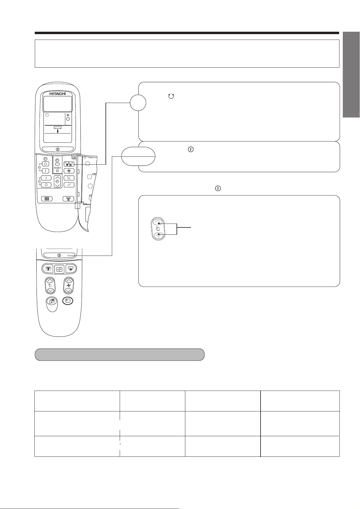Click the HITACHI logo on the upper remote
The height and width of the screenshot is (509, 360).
pos(57,94)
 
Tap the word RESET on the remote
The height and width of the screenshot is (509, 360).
pos(57,168)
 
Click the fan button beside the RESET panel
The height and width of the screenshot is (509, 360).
pos(69,171)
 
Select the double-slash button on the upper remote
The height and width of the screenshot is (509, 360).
pos(69,185)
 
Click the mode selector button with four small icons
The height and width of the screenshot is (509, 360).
pos(69,164)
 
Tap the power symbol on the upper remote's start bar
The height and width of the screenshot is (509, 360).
pos(57,150)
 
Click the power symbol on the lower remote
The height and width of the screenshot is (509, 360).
pos(59,255)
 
